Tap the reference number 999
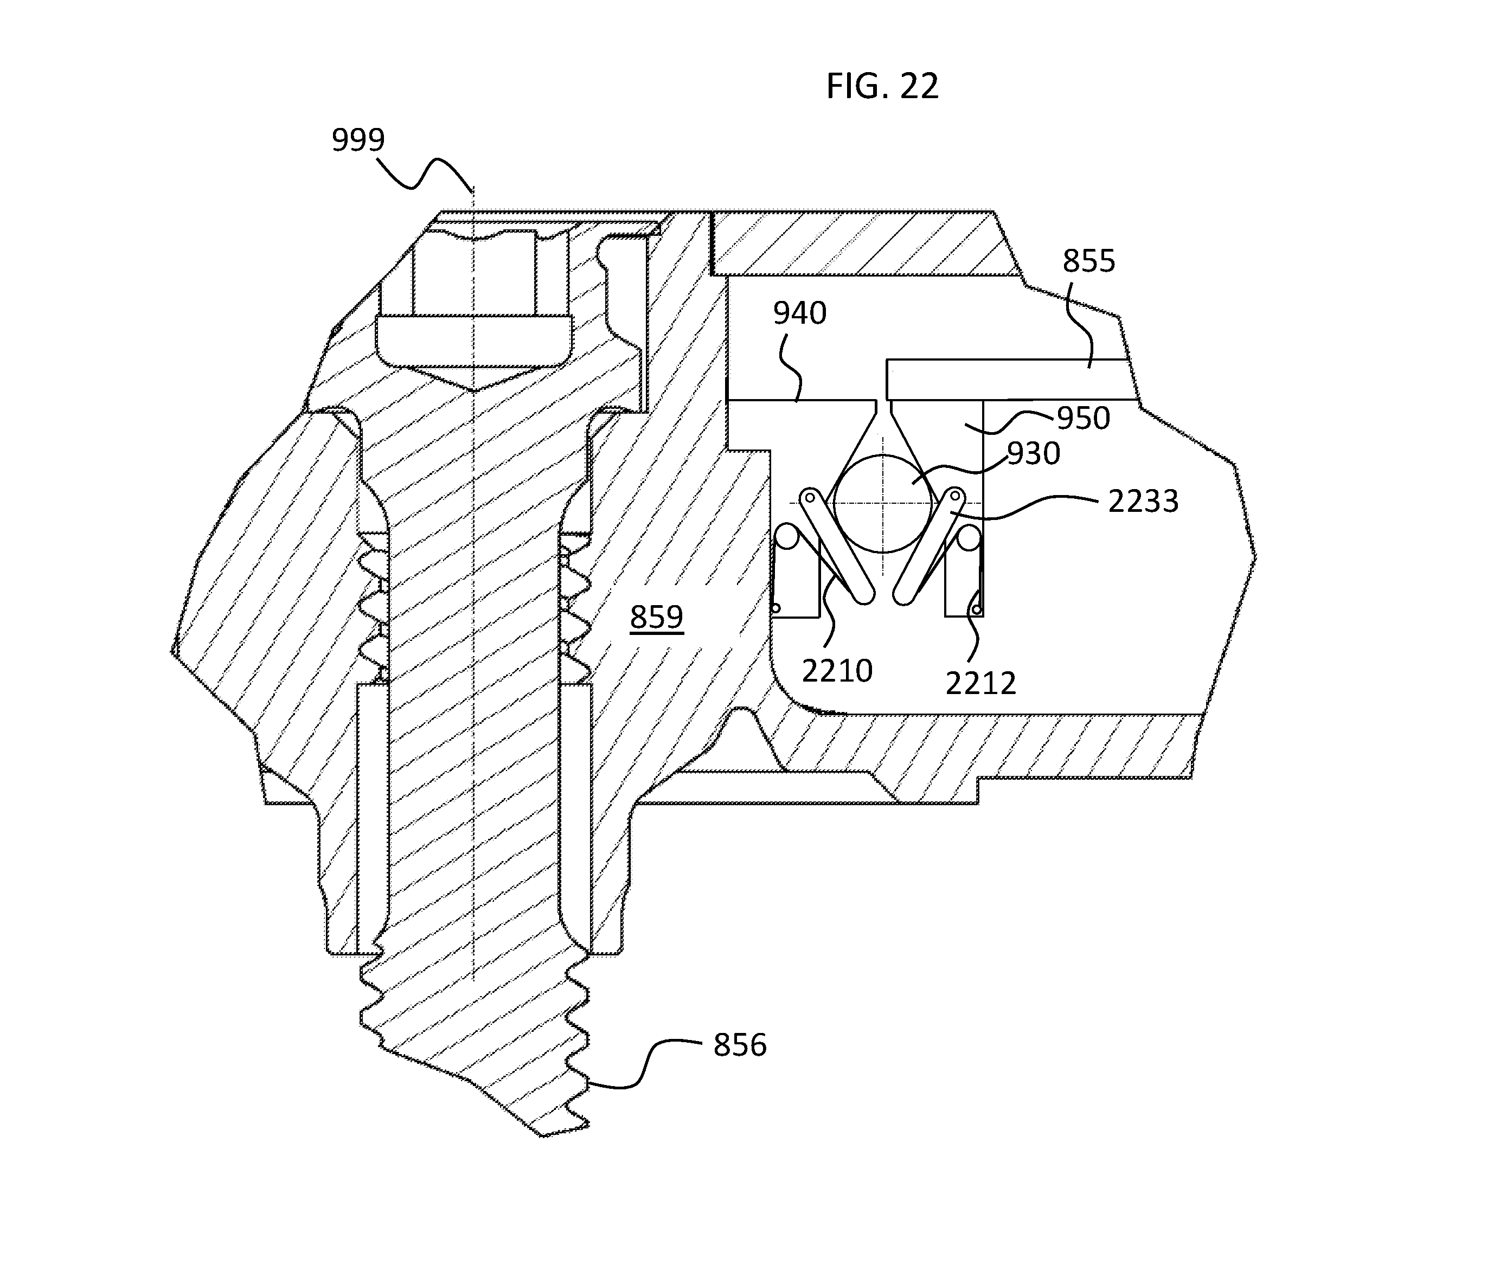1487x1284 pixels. coord(358,139)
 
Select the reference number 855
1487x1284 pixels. coord(1089,261)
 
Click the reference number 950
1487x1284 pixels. coord(1083,418)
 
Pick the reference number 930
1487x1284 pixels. coord(1034,454)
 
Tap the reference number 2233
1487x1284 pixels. coord(1143,502)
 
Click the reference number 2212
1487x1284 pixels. coord(980,684)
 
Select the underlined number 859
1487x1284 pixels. coord(657,617)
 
